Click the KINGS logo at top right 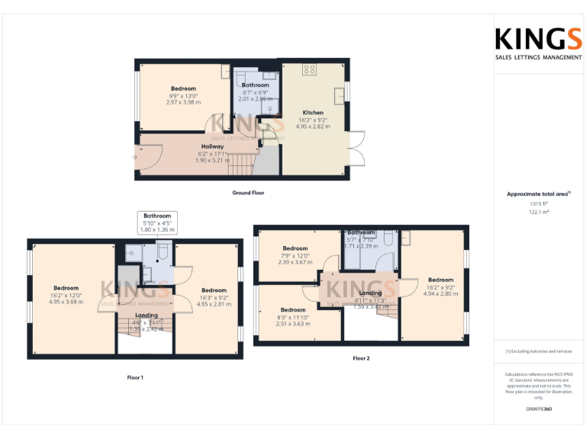538,39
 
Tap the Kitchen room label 313,113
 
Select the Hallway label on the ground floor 212,146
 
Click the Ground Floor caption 248,193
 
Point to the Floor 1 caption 135,377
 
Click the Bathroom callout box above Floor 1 157,222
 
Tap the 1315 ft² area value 539,203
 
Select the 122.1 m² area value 539,213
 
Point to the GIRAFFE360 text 539,409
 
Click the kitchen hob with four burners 310,69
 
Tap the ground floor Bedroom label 183,89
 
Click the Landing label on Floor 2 370,293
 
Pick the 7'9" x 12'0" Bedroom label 295,248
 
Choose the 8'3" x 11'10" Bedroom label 293,310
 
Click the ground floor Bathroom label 256,85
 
